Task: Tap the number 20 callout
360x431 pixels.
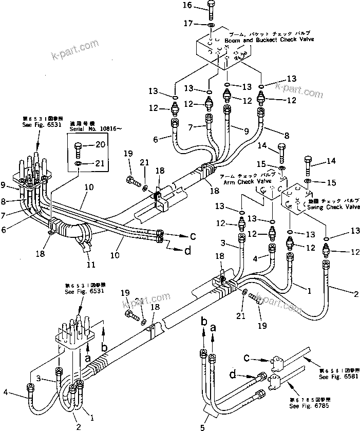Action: tap(100, 145)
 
